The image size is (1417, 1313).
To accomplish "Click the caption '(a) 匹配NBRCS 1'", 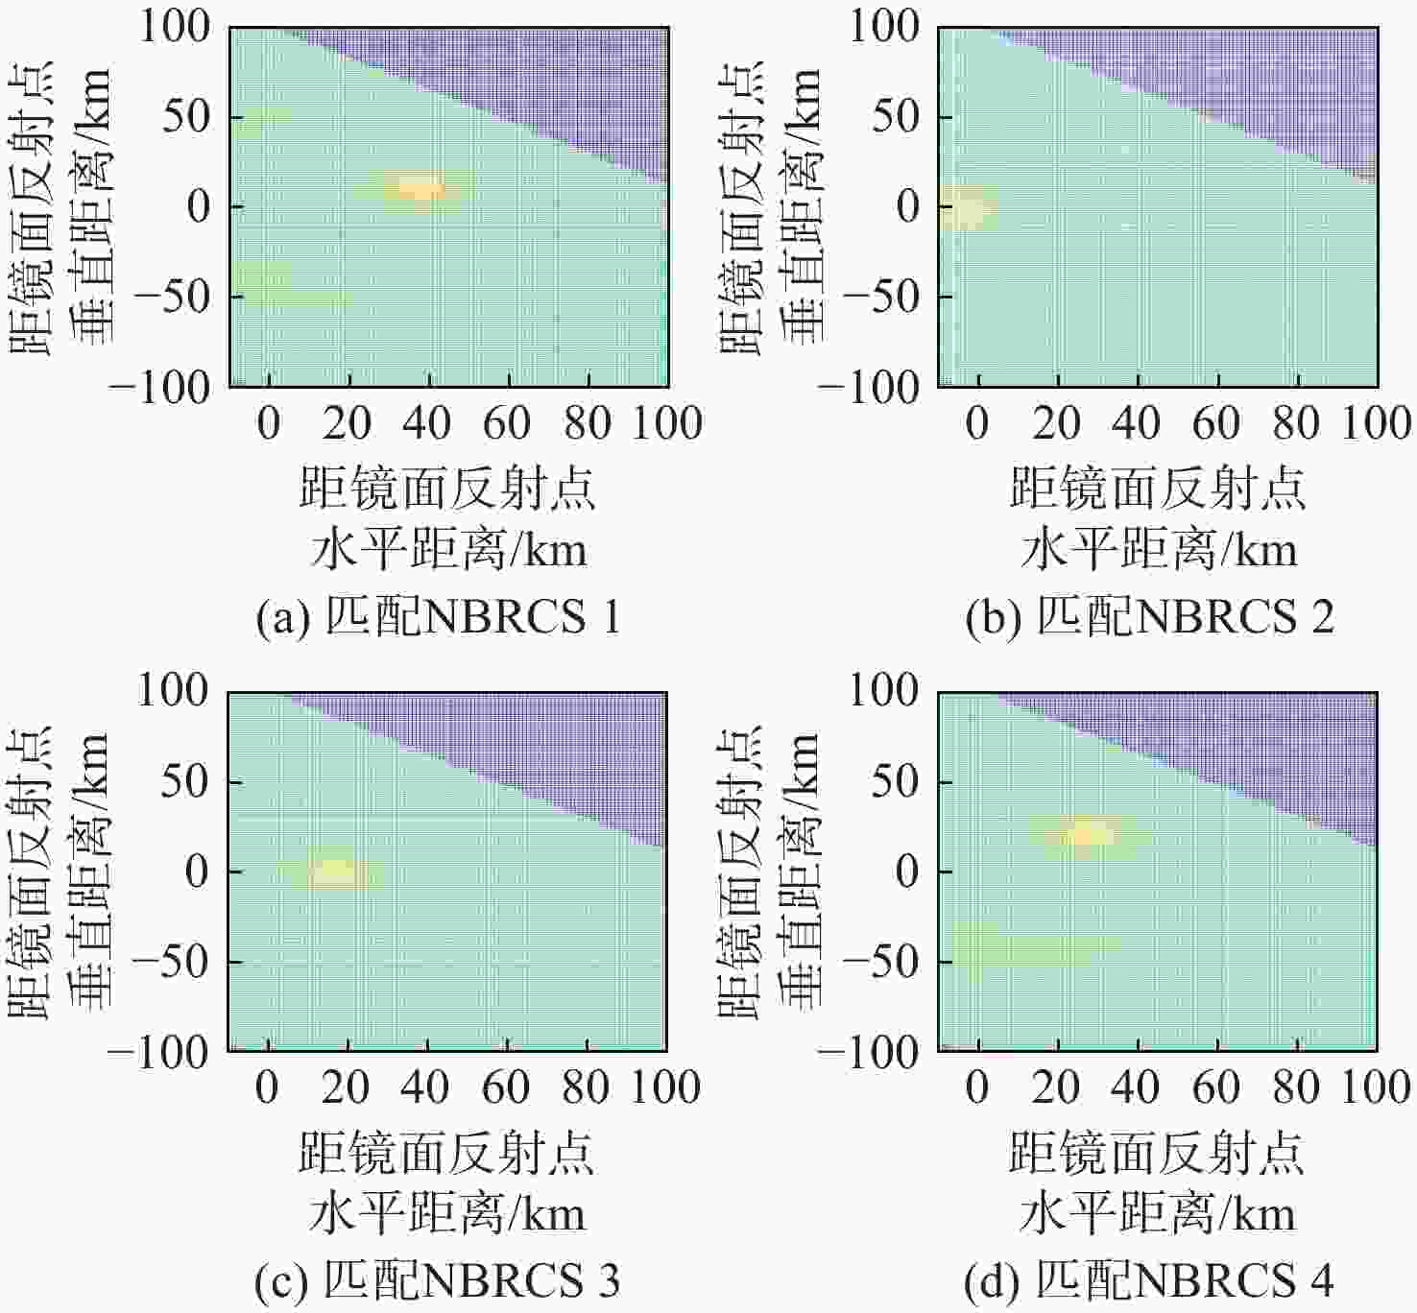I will (438, 617).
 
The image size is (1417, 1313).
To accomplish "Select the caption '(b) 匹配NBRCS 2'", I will (1149, 617).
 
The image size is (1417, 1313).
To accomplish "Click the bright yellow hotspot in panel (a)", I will (420, 188).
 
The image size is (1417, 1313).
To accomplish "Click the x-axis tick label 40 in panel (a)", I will (426, 423).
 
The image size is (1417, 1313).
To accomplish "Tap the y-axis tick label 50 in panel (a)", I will (185, 116).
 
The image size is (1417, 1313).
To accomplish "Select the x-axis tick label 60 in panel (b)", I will (1217, 423).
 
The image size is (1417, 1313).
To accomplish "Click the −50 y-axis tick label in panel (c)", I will (171, 962).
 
